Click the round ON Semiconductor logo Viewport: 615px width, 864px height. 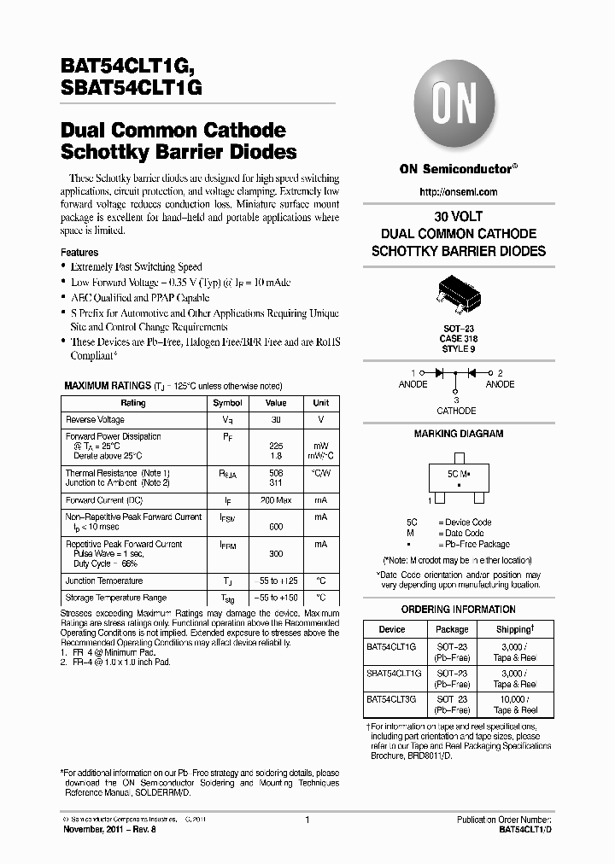click(458, 108)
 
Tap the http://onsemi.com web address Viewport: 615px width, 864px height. click(458, 192)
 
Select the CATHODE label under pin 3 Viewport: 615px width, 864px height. click(456, 411)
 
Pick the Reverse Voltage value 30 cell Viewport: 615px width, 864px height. click(276, 420)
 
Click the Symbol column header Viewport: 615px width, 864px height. click(227, 403)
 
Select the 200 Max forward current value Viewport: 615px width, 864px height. click(276, 500)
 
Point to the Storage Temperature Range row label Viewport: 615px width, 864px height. click(116, 598)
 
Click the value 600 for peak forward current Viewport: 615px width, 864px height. click(276, 528)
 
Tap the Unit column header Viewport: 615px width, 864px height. click(320, 403)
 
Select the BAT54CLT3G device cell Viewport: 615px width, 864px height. click(391, 699)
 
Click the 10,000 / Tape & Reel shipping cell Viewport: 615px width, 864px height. click(515, 704)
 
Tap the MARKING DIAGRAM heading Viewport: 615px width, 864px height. click(458, 434)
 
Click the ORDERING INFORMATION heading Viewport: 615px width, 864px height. click(458, 610)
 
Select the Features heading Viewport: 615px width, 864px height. click(79, 253)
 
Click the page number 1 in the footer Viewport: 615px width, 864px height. click(307, 820)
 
